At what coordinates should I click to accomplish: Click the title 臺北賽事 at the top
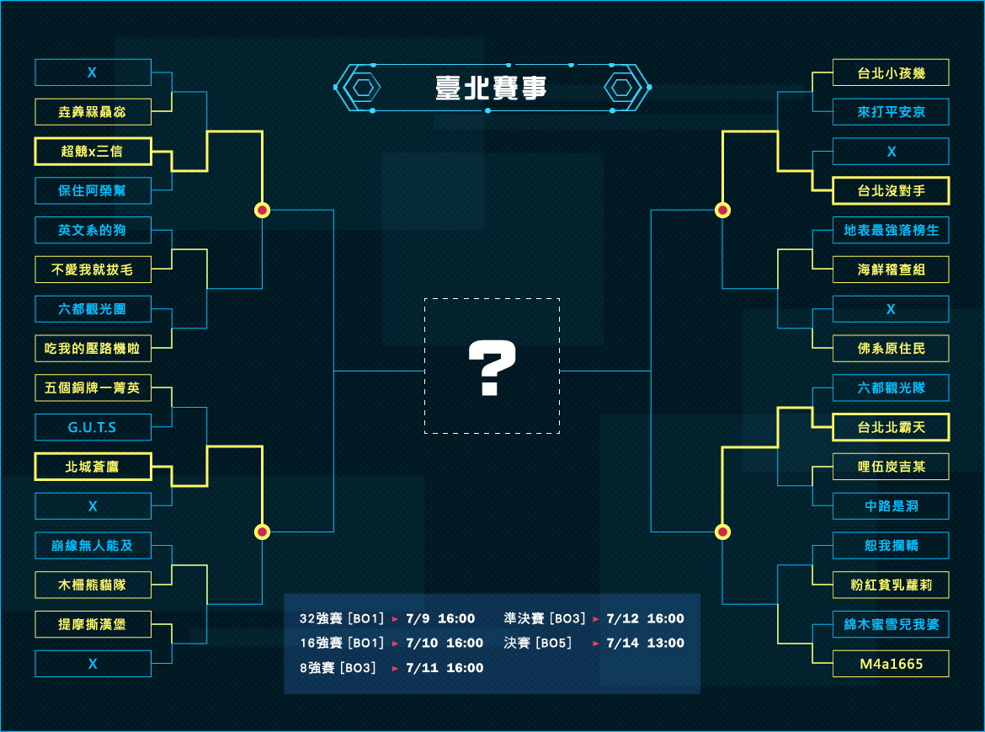(x=491, y=88)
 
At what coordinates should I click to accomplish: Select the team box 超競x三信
(x=93, y=152)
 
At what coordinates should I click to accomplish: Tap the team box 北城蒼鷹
(x=93, y=467)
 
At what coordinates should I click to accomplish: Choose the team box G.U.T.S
(x=93, y=427)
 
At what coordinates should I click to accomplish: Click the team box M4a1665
(x=891, y=664)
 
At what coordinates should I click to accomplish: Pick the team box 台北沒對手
(x=891, y=190)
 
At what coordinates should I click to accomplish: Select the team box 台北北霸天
(x=891, y=427)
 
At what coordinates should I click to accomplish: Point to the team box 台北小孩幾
(x=891, y=73)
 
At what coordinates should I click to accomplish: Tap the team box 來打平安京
(x=891, y=112)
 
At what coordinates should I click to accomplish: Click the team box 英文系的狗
(x=93, y=230)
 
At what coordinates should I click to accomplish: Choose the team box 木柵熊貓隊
(x=93, y=585)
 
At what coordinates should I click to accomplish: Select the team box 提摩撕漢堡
(x=93, y=624)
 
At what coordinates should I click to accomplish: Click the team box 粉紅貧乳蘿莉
(x=891, y=585)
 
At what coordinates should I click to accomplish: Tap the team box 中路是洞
(x=891, y=505)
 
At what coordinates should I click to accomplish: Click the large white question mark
(x=492, y=367)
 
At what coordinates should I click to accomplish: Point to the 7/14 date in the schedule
(x=622, y=643)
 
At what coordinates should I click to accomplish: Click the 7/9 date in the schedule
(x=418, y=618)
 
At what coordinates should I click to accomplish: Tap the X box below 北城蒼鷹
(x=93, y=505)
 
